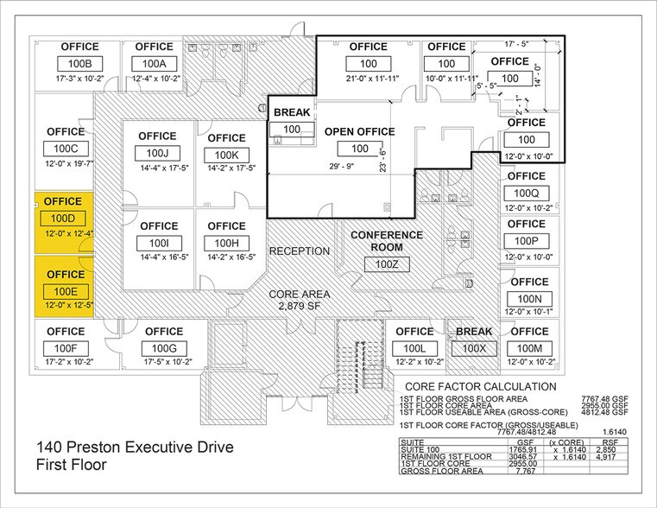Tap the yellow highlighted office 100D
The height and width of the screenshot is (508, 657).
pos(62,219)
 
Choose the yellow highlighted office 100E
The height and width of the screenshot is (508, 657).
pos(62,286)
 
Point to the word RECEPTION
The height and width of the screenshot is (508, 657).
pos(300,251)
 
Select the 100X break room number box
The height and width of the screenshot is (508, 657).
pos(473,347)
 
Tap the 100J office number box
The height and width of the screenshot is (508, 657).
pos(156,154)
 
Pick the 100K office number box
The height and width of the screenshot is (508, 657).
pos(227,155)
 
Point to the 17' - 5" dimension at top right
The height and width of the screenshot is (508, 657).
pos(518,42)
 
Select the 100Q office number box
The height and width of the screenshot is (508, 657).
pos(526,193)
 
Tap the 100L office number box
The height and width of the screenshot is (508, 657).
pos(414,347)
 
